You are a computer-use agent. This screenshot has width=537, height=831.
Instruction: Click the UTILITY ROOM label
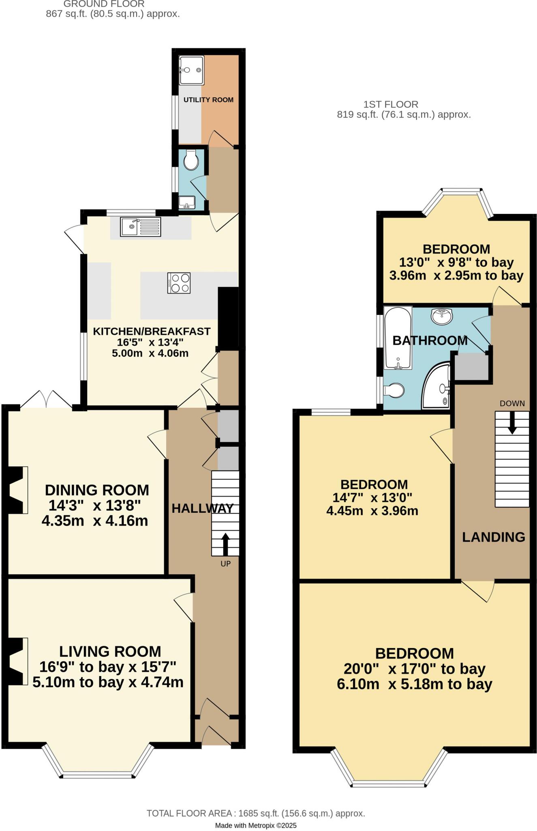pos(208,100)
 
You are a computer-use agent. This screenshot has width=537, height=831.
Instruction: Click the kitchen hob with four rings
pos(179,283)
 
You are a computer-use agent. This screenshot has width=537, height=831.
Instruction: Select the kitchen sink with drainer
pos(140,227)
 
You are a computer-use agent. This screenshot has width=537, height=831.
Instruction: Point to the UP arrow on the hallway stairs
pos(225,544)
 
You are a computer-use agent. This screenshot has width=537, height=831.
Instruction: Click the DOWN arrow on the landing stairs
pos(512,423)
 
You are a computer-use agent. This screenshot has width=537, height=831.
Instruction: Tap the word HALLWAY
pos(202,508)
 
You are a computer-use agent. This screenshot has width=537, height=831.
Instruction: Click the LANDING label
pos(493,537)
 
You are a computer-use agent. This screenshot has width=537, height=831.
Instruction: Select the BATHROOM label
pos(430,340)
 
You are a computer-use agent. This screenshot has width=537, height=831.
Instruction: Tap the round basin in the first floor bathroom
pos(442,316)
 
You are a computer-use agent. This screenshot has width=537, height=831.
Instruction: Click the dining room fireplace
pos(17,490)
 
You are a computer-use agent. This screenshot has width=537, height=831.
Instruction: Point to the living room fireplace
pos(17,661)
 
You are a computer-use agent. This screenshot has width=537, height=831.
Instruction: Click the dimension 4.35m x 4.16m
pos(95,521)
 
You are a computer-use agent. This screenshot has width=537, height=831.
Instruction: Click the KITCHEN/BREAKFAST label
pos(152,332)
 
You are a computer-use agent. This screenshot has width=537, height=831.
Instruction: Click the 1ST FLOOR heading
pos(390,104)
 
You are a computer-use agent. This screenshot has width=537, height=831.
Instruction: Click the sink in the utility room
pos(191,70)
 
